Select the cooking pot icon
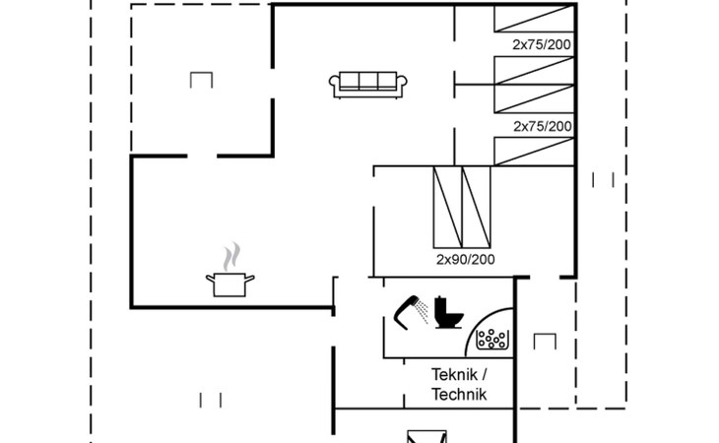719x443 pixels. tap(230, 285)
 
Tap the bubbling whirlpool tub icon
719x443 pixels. tap(491, 338)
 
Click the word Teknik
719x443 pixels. tap(454, 374)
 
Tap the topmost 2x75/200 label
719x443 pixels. tap(542, 44)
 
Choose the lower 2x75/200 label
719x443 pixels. tap(542, 126)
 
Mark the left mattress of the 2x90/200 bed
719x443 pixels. tap(447, 207)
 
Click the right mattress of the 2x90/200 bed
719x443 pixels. tap(477, 207)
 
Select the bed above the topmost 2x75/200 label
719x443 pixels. tap(533, 20)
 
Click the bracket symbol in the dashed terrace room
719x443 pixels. tap(202, 80)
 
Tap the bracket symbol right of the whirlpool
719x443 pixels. tap(545, 341)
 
